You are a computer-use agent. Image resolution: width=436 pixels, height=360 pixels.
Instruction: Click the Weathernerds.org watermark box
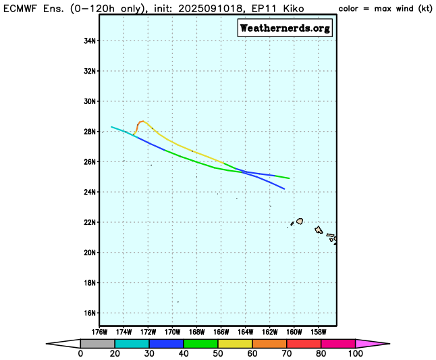tap(285, 28)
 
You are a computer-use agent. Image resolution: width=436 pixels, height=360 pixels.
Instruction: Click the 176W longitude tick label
tap(99, 332)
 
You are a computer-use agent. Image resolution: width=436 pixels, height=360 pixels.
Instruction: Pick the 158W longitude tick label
tap(318, 332)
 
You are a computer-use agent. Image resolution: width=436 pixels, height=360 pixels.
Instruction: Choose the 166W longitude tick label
tap(221, 332)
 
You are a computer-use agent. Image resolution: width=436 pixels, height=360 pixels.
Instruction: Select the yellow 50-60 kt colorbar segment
tap(235, 343)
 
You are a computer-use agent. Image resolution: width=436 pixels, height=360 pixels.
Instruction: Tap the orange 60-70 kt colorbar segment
tap(269, 343)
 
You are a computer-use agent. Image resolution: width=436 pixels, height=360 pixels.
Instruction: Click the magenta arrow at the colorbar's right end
tap(372, 343)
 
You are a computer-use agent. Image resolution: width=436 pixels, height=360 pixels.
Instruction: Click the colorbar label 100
tap(355, 354)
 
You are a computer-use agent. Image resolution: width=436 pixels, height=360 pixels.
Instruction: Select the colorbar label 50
tap(218, 354)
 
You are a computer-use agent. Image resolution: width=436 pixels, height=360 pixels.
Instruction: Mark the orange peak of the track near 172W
tap(141, 122)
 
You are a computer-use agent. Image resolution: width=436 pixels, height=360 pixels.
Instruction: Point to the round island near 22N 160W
tap(300, 221)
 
